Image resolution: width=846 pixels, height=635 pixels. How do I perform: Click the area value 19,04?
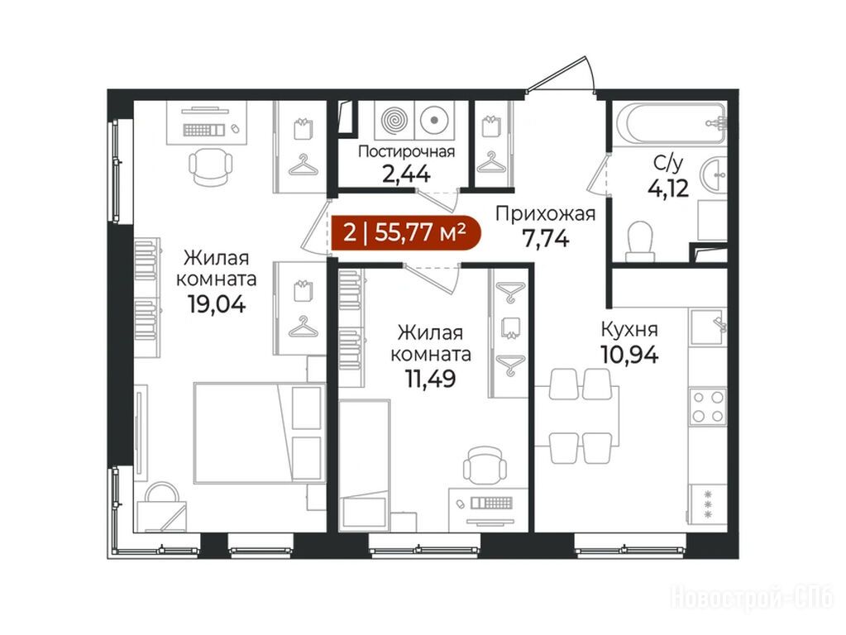click(x=217, y=305)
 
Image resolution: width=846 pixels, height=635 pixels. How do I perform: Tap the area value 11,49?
click(x=431, y=379)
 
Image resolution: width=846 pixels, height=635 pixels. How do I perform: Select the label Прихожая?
click(x=546, y=214)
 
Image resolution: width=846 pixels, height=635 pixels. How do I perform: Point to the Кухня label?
click(x=629, y=328)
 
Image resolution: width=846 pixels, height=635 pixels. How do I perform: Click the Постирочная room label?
click(x=406, y=151)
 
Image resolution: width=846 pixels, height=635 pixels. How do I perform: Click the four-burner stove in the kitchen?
click(x=708, y=406)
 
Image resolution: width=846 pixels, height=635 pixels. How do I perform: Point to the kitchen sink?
click(x=708, y=327)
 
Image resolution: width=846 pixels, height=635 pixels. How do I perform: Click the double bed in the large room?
click(x=260, y=432)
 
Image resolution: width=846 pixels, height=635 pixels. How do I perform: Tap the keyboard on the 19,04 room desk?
click(x=203, y=130)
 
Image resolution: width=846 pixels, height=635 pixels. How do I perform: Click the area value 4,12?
click(x=668, y=189)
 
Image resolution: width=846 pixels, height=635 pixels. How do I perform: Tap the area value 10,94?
click(x=629, y=355)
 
